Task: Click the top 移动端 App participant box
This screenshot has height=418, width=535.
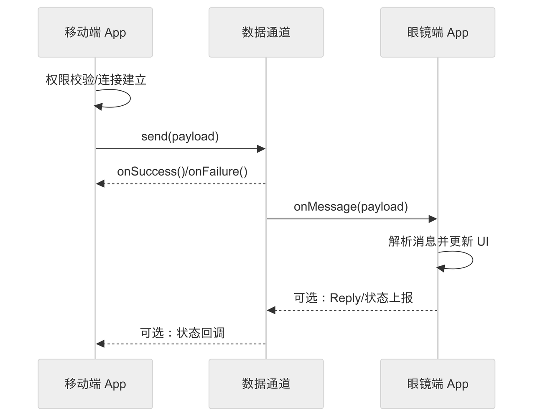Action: point(95,33)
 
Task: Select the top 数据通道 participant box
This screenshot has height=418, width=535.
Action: point(266,33)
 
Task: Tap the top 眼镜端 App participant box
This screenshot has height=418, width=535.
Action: point(438,33)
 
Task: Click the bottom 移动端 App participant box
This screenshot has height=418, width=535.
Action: point(95,384)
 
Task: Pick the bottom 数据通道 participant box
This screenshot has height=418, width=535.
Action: point(266,384)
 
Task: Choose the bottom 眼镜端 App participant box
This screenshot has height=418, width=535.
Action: point(438,384)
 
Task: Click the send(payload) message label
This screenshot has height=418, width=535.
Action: point(180,137)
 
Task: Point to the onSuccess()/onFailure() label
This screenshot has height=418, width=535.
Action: point(182,171)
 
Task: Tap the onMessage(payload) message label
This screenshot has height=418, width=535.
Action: point(351,206)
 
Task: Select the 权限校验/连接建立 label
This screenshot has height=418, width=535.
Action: point(96,79)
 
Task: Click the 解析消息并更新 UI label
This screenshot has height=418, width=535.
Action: point(438,241)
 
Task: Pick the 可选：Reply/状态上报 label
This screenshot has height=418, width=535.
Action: point(353,298)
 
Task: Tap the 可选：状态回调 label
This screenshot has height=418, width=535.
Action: point(182,333)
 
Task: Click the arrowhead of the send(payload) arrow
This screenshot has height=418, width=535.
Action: point(261,149)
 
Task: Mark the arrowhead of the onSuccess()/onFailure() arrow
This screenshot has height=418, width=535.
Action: point(100,184)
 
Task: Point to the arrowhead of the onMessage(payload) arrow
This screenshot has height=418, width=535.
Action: point(433,219)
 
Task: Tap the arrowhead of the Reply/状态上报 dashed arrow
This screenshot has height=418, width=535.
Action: point(271,310)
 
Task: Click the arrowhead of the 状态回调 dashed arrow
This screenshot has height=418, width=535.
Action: point(100,344)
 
